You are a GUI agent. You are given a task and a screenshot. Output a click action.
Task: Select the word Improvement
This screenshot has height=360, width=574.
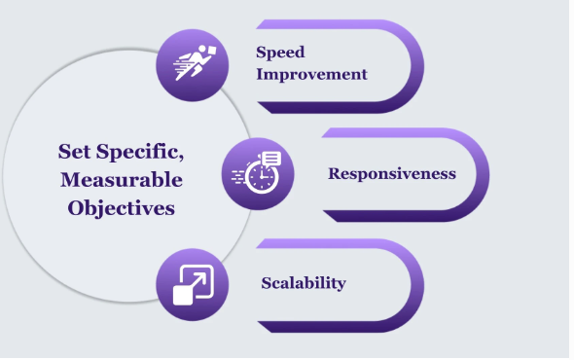pos(311,74)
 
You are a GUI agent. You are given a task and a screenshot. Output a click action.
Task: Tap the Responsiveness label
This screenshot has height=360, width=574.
pos(392,174)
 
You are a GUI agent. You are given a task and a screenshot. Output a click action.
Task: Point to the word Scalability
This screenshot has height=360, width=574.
pos(304,283)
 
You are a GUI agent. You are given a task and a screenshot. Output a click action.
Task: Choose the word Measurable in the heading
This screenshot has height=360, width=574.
pos(121,180)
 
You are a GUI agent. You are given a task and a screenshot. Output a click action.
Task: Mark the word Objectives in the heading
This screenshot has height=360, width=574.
pos(121,208)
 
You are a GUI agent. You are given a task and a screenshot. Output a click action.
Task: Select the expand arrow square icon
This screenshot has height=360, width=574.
pos(192,284)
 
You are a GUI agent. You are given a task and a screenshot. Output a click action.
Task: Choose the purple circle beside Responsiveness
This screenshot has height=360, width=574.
pos(258,173)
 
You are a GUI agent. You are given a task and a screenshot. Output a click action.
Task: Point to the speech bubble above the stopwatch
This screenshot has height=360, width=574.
pos(270,159)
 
